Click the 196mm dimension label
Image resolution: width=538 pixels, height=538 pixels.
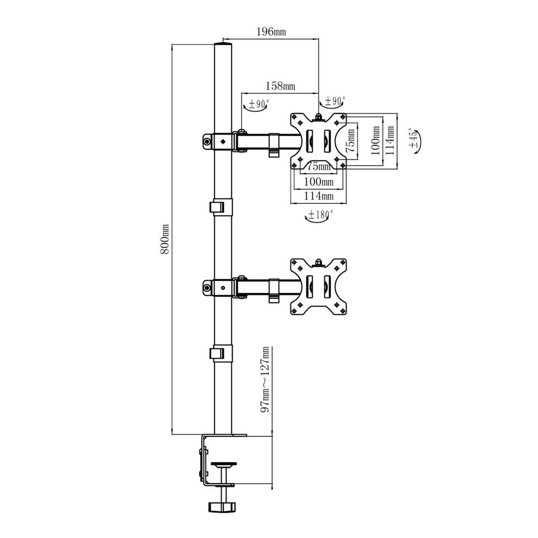[271, 32]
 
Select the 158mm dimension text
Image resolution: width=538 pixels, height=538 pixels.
[280, 86]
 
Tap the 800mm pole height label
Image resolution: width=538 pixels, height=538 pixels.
[165, 239]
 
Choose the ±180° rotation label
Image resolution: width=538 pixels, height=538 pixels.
[320, 215]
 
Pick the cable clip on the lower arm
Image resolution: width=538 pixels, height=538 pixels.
[273, 290]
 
